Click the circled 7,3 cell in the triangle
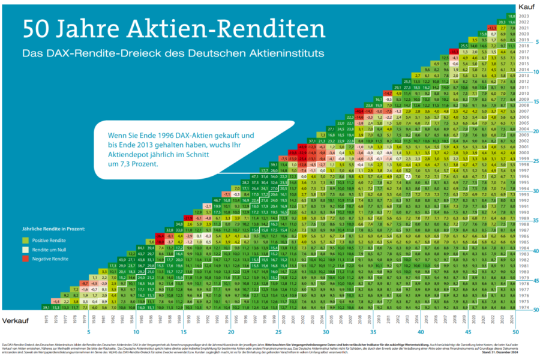tap(407, 177)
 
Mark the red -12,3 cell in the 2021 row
tap(492, 28)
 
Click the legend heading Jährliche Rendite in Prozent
tap(53, 229)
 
